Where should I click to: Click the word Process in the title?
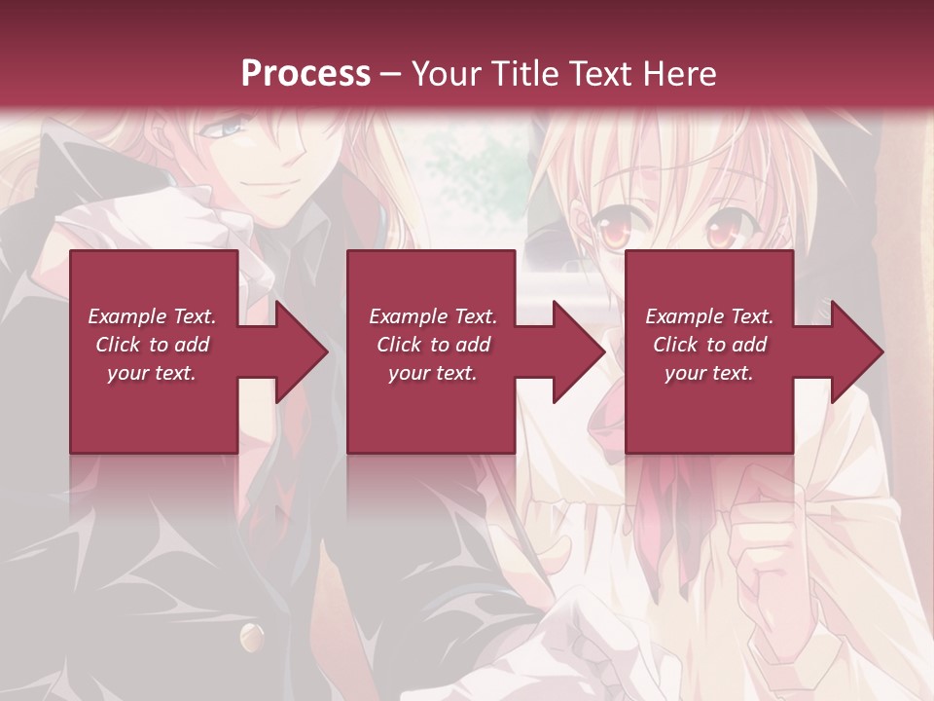[x=305, y=74]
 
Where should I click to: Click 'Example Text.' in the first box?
[x=152, y=316]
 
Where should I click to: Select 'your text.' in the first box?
[x=152, y=373]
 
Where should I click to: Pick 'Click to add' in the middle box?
[x=433, y=345]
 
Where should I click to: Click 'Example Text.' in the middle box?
[x=433, y=316]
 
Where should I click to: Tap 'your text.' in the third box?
[x=709, y=373]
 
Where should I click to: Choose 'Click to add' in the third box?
[x=709, y=345]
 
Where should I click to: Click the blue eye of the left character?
[x=231, y=128]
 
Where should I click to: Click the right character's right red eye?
[x=721, y=233]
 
